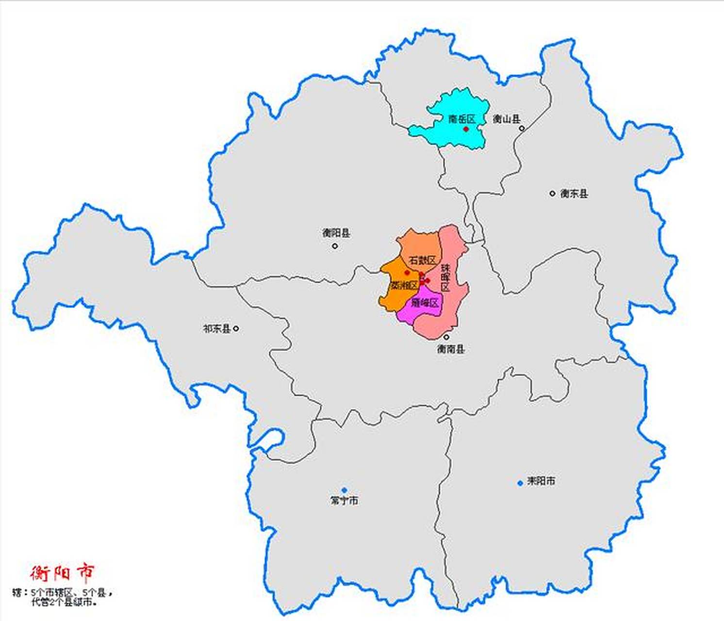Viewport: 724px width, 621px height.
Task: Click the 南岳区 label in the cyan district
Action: [x=461, y=119]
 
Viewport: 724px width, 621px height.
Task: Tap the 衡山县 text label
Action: [x=507, y=119]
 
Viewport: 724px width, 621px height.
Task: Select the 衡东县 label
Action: [x=574, y=194]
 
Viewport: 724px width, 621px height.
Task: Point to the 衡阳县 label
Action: [x=336, y=233]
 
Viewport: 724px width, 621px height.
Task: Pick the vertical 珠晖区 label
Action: [x=445, y=278]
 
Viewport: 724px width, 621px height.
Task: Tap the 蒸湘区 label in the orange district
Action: [x=404, y=285]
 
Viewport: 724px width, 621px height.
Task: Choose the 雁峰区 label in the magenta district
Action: [x=425, y=303]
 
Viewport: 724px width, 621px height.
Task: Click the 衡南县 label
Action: [x=451, y=349]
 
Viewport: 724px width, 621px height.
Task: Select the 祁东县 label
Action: [x=216, y=328]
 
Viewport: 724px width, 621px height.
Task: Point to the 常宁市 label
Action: [x=344, y=500]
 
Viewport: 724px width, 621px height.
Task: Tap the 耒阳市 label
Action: [x=541, y=481]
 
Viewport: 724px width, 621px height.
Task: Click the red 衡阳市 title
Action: [x=62, y=573]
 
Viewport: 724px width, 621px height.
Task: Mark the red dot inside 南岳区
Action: [x=466, y=129]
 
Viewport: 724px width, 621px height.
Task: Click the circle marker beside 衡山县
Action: [x=522, y=129]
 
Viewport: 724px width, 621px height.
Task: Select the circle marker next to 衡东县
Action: [x=552, y=193]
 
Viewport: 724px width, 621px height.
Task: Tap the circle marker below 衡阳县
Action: [x=335, y=246]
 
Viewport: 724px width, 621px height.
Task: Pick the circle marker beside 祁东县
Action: [x=236, y=328]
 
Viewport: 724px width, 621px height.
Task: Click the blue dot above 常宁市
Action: [x=344, y=490]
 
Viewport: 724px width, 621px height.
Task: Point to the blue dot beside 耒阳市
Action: [x=520, y=483]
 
